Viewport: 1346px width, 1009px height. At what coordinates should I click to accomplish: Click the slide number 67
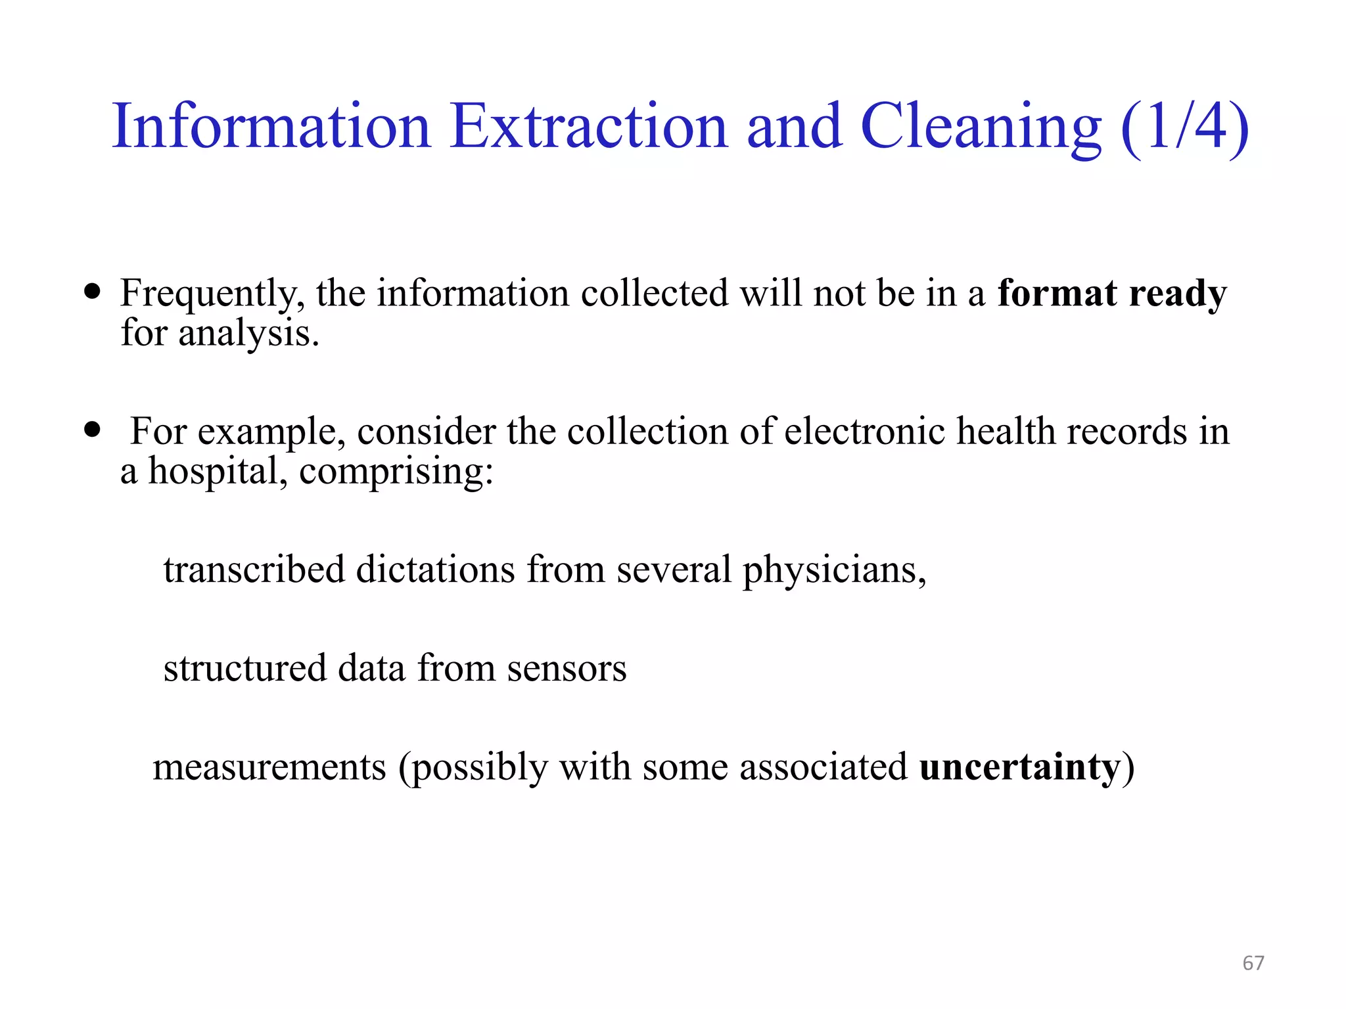pyautogui.click(x=1253, y=963)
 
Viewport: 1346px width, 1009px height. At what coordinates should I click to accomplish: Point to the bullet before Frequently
pyautogui.click(x=93, y=291)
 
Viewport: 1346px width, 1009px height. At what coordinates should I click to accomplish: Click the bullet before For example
pyautogui.click(x=93, y=430)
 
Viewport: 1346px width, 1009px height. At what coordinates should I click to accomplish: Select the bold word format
pyautogui.click(x=1057, y=293)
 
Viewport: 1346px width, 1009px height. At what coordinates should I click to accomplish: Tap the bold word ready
pyautogui.click(x=1177, y=294)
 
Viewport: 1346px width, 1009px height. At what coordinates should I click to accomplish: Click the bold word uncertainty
pyautogui.click(x=1019, y=767)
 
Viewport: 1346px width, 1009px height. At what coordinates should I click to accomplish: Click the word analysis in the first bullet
pyautogui.click(x=248, y=334)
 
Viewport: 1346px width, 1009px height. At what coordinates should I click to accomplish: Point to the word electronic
pyautogui.click(x=864, y=432)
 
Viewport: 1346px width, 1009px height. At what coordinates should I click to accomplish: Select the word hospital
pyautogui.click(x=218, y=472)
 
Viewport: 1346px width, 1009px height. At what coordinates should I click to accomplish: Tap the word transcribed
pyautogui.click(x=254, y=569)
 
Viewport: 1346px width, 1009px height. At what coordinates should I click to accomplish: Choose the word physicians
pyautogui.click(x=833, y=570)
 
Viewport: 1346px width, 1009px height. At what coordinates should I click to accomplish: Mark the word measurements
pyautogui.click(x=269, y=767)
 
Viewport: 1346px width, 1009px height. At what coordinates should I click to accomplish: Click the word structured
pyautogui.click(x=244, y=669)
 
